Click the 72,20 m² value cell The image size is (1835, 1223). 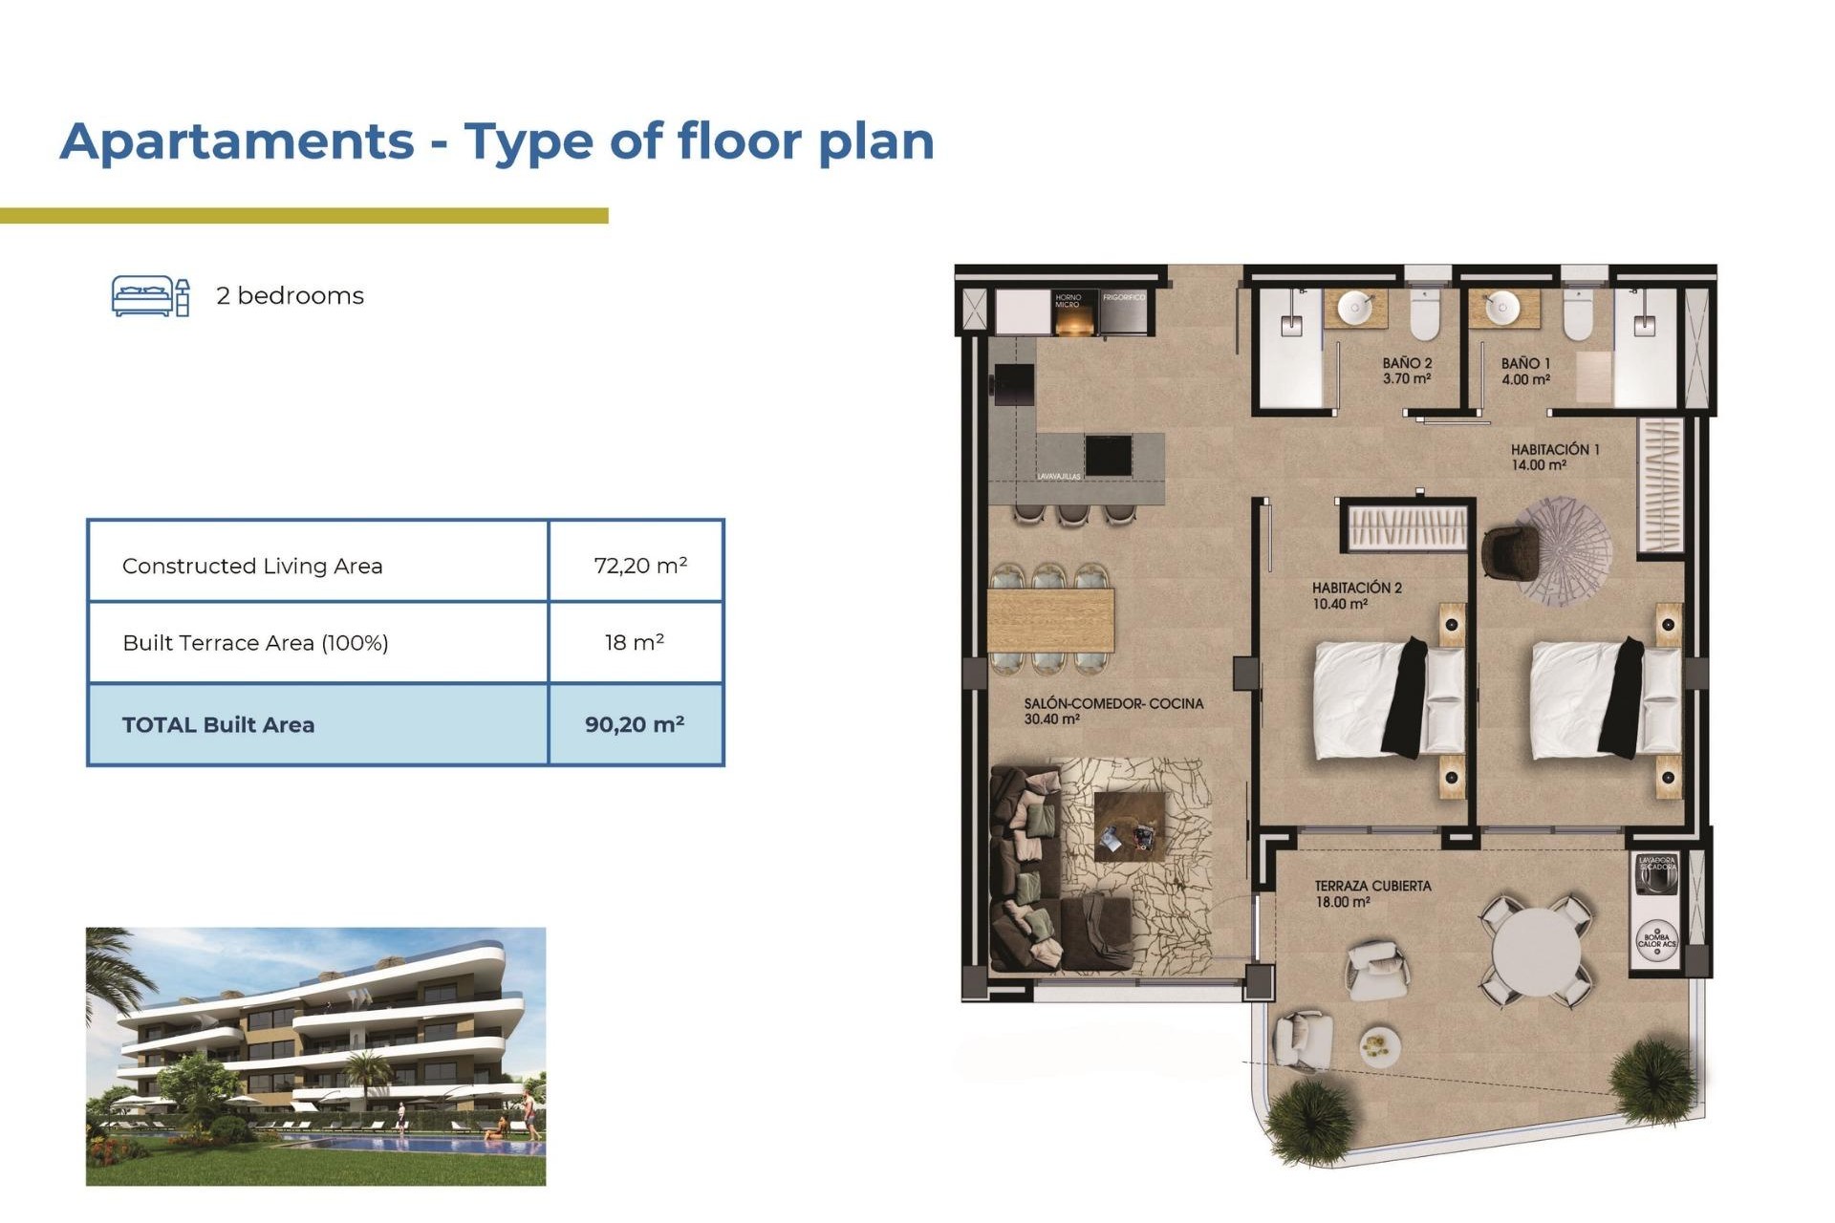637,565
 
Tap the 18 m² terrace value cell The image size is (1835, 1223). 635,642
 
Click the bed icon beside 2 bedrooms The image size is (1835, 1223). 151,296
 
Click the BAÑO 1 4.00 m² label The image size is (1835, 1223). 1525,372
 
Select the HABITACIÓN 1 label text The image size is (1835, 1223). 1555,449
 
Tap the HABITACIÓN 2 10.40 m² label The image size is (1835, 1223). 1356,595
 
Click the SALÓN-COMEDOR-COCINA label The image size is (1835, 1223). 1113,703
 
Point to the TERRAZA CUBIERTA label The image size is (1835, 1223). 1372,886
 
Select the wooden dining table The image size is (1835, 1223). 1050,620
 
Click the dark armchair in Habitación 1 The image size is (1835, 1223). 1509,553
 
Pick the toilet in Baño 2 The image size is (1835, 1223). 1424,316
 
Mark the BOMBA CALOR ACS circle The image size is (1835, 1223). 1657,937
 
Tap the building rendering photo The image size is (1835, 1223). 315,1056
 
